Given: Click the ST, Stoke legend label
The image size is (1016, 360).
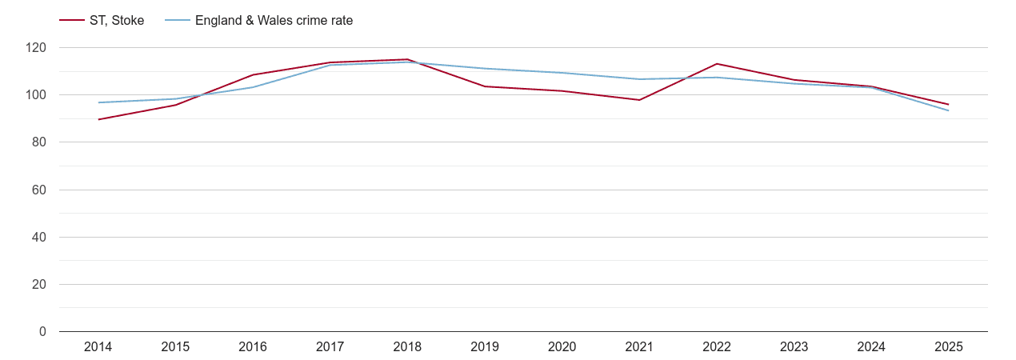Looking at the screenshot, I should click(x=117, y=21).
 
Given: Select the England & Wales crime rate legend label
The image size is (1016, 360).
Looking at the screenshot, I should click(x=274, y=21).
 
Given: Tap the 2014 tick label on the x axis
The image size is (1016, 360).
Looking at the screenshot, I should click(x=98, y=346).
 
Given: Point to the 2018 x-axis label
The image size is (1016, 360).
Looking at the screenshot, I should click(x=407, y=346).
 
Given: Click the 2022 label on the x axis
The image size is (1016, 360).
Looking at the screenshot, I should click(x=717, y=346).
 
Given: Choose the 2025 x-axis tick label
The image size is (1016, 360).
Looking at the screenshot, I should click(x=949, y=346).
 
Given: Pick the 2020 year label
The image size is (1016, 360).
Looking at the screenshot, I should click(x=562, y=346).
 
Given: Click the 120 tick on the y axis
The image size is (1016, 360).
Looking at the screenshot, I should click(x=36, y=48).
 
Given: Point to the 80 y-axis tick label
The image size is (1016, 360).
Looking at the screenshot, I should click(x=39, y=142).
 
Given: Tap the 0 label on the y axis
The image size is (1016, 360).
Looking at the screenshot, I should click(x=42, y=331).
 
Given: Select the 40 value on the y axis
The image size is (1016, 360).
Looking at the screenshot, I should click(x=39, y=237).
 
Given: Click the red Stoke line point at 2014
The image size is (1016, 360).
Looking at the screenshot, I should click(x=98, y=119).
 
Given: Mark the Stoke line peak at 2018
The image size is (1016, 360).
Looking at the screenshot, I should click(x=407, y=59).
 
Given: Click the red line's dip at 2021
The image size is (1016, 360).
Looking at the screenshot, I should click(x=639, y=100).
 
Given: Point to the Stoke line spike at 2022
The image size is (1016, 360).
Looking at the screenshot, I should click(x=717, y=64).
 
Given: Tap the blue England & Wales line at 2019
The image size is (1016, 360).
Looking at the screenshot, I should click(x=485, y=69).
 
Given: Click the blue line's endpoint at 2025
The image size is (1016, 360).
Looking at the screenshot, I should click(x=949, y=110).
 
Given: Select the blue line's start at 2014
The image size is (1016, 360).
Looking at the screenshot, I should click(x=98, y=102).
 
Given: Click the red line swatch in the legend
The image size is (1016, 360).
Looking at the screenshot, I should click(x=72, y=21).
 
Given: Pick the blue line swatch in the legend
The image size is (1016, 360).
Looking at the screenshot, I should click(x=177, y=21).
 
